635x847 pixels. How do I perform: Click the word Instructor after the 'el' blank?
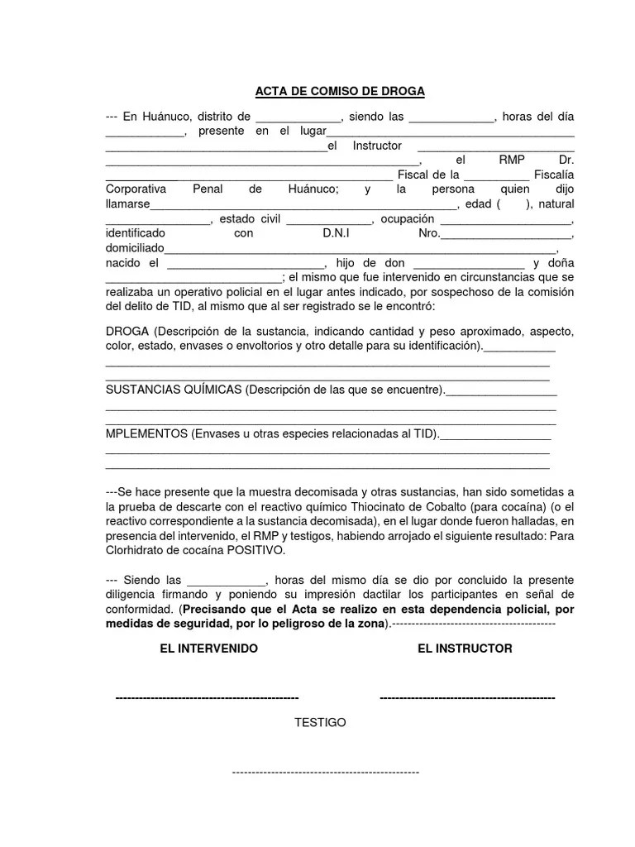point(377,146)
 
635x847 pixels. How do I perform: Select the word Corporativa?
point(136,189)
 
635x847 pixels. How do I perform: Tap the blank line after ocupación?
point(505,220)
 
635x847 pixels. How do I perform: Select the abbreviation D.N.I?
point(337,234)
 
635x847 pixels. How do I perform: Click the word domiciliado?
point(136,249)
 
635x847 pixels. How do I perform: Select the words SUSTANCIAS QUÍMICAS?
point(174,389)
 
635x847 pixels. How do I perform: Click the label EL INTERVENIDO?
point(208,648)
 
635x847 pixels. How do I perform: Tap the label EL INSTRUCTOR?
point(465,648)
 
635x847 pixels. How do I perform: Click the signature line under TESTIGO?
point(325,772)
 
